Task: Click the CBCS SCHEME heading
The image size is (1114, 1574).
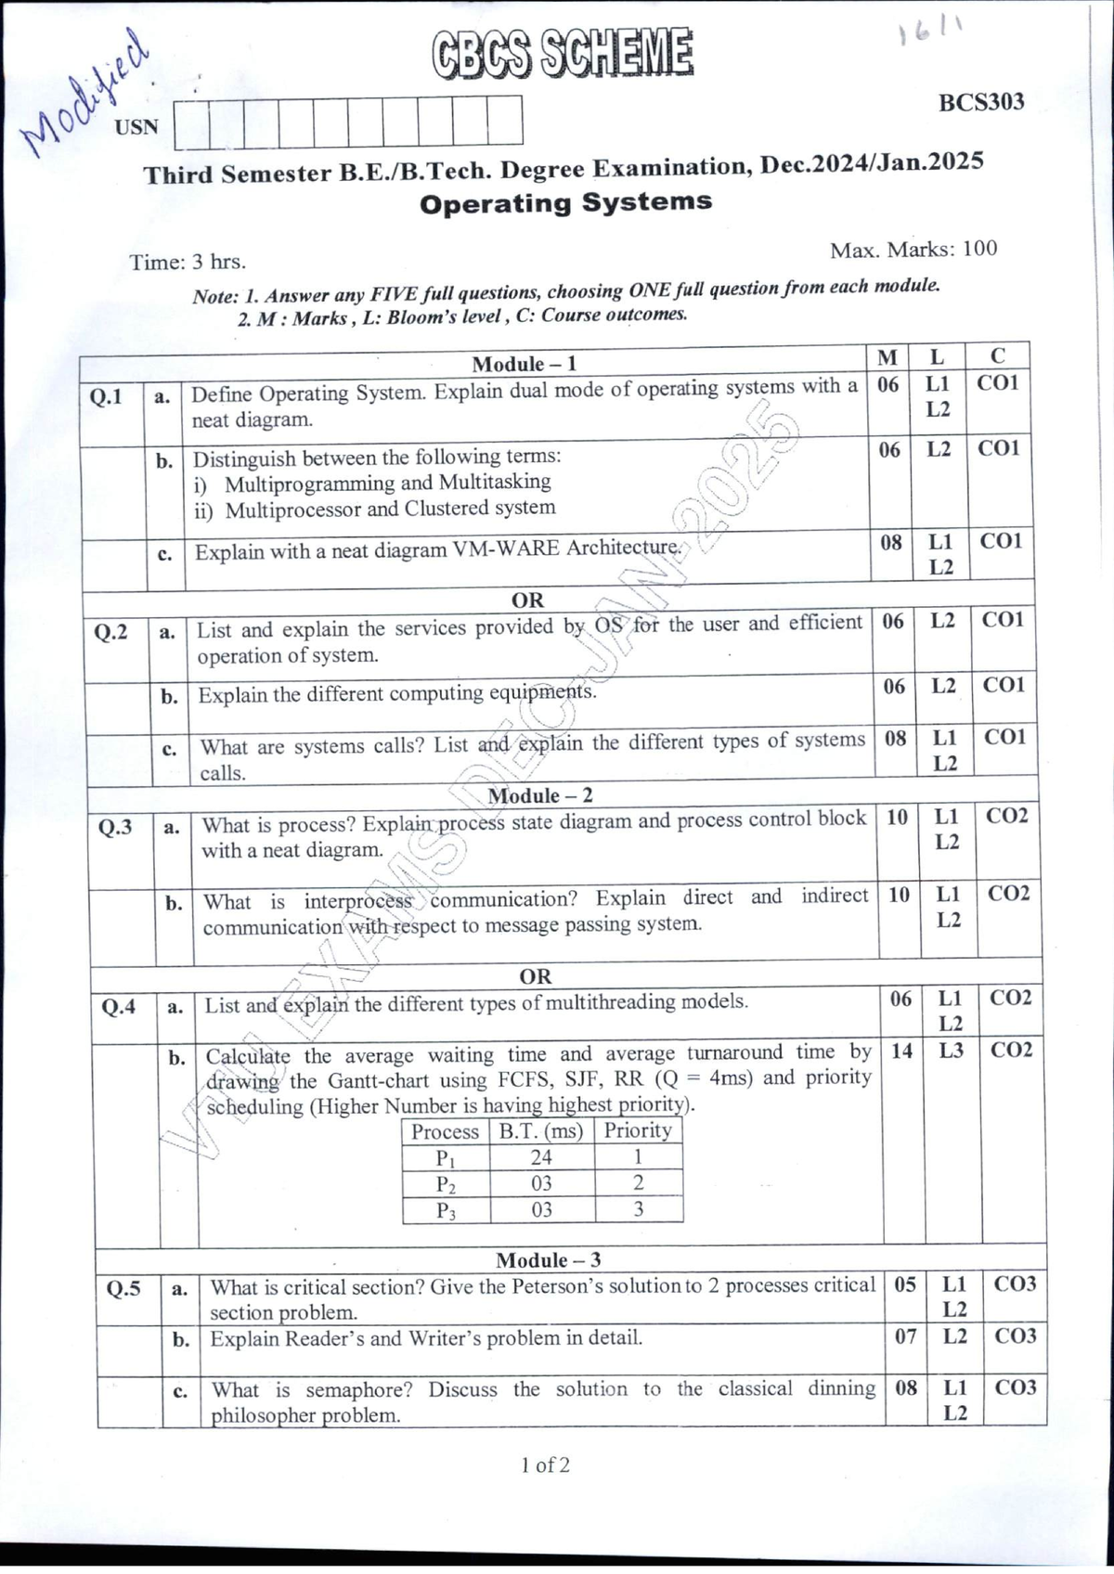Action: [563, 54]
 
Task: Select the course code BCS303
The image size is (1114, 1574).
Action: [980, 102]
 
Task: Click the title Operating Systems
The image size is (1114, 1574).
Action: [565, 202]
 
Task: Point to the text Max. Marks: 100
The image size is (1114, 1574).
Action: [913, 250]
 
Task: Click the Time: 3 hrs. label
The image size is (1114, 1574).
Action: [188, 262]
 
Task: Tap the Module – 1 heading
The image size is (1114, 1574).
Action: [524, 364]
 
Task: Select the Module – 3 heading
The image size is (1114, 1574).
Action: [548, 1259]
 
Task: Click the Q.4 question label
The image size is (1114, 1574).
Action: [118, 1007]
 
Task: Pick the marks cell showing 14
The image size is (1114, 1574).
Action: [901, 1051]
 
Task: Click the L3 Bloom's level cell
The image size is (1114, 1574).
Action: [951, 1051]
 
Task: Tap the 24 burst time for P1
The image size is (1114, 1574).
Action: [541, 1157]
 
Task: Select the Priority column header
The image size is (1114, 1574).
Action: [638, 1130]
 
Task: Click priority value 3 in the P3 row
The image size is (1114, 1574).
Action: [638, 1208]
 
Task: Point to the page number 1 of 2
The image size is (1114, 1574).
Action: [545, 1465]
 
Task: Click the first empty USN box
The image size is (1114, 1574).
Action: [191, 123]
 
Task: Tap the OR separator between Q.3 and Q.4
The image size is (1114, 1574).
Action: [535, 976]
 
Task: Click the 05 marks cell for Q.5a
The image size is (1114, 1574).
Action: [905, 1284]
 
